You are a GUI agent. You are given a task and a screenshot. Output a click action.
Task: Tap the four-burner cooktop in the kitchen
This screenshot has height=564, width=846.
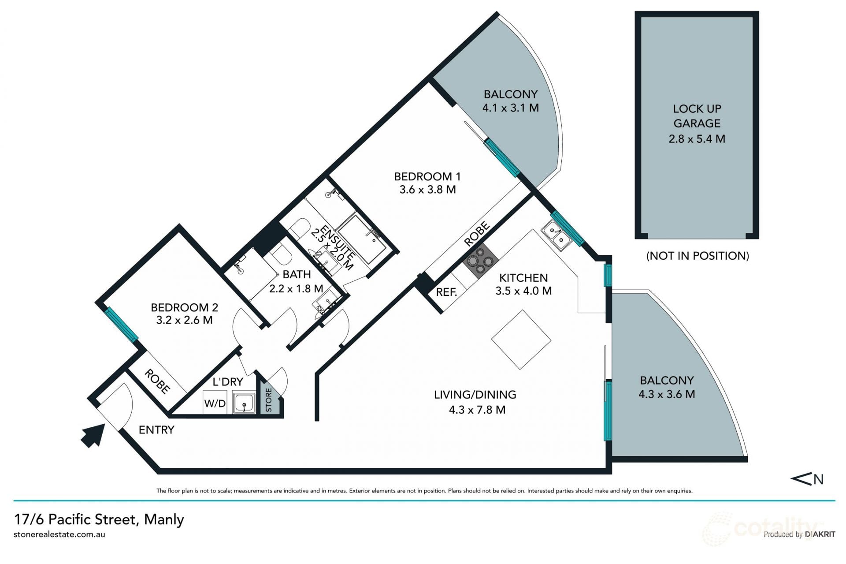[x=480, y=261]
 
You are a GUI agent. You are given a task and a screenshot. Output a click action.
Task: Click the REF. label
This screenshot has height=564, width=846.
[x=446, y=292]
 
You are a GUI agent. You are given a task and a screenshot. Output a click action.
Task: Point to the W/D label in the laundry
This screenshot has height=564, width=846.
[x=215, y=403]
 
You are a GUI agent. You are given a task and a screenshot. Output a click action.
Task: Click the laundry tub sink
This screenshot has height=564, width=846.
[x=244, y=403]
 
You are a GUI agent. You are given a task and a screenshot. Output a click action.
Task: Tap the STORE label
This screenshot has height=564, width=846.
[x=268, y=400]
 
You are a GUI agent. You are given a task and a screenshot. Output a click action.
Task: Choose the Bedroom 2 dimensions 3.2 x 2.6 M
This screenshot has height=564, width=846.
[x=184, y=320]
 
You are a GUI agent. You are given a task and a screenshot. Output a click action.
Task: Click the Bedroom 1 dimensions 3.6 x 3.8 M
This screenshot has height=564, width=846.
[x=427, y=190]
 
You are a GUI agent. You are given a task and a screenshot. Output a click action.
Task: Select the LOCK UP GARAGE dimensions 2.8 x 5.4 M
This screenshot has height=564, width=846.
[x=697, y=139]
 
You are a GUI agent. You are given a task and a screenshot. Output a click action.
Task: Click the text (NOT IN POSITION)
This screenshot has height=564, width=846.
[x=698, y=256]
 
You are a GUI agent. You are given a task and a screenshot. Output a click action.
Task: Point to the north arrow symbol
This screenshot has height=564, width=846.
[x=807, y=479]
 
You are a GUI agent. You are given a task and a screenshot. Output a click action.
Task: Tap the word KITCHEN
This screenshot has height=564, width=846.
[x=523, y=278]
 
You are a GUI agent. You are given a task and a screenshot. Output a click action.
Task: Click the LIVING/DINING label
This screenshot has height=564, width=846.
[x=475, y=395]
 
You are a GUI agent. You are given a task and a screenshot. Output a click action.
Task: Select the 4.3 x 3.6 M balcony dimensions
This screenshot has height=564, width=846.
[x=667, y=394]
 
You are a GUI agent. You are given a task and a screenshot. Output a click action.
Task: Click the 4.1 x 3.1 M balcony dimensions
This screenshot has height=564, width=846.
[x=511, y=108]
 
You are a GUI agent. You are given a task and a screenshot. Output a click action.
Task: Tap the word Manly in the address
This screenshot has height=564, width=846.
[x=164, y=519]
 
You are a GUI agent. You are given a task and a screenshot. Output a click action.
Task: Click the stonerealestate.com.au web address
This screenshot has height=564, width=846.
[x=59, y=534]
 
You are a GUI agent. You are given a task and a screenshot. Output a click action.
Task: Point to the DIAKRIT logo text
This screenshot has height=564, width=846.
[x=820, y=534]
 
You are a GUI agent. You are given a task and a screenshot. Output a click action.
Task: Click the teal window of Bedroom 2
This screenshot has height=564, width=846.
[x=121, y=324]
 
